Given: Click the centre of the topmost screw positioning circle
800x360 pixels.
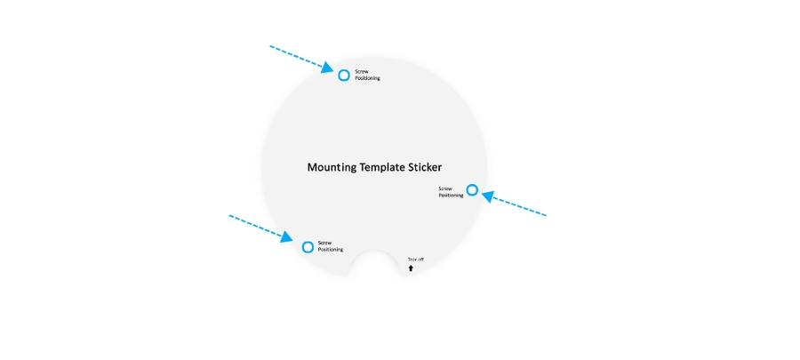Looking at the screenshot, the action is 344,76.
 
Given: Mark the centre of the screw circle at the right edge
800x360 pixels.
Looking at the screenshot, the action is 473,190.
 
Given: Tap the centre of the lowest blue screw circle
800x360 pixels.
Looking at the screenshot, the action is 308,247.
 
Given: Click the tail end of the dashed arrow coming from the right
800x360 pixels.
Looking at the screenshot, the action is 547,216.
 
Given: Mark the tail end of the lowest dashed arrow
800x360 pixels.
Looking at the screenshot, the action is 229,216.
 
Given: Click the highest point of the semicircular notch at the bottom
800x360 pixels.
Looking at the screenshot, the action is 374,250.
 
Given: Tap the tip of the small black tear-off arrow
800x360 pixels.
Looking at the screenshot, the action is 411,265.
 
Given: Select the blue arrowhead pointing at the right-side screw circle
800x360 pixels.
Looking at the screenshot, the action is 488,196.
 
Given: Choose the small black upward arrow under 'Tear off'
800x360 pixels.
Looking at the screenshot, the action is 411,268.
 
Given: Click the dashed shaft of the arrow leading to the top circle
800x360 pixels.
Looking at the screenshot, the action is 296,56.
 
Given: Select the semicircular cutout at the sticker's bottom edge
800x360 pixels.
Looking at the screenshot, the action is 374,263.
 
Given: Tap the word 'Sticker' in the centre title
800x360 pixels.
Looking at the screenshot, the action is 425,167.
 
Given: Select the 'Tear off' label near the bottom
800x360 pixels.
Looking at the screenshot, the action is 415,260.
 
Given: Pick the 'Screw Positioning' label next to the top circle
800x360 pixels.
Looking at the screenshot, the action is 367,75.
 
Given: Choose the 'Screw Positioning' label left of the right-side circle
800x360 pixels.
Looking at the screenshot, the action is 451,192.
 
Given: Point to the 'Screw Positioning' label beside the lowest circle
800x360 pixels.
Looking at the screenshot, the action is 330,246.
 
